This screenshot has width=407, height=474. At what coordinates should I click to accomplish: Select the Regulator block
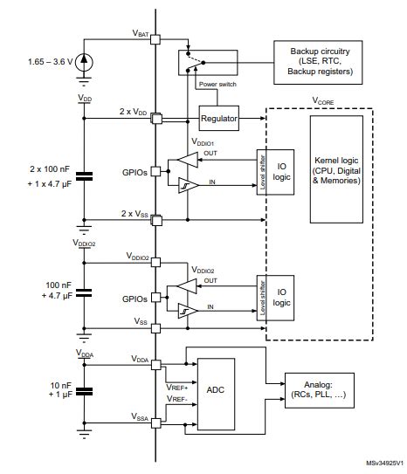click(x=219, y=118)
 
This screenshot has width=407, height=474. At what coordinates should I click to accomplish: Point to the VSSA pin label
click(x=139, y=420)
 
